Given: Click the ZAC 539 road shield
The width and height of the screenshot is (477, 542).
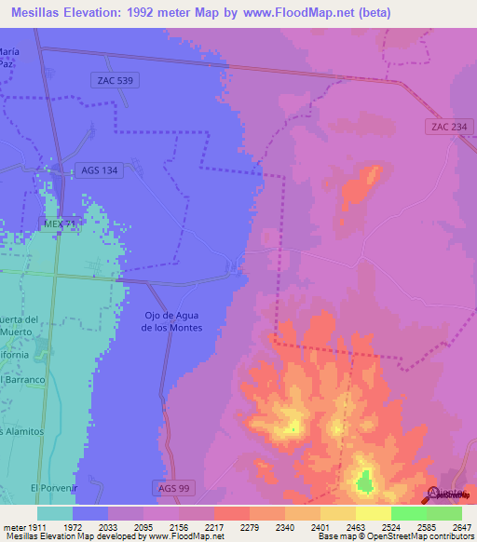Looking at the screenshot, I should (116, 81).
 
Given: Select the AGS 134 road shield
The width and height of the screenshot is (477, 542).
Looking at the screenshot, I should (98, 169).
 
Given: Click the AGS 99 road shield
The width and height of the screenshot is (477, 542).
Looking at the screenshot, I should (170, 488).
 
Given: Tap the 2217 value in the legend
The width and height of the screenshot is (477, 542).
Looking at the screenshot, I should (213, 526).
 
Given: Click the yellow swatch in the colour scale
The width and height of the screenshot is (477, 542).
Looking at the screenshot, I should (373, 513).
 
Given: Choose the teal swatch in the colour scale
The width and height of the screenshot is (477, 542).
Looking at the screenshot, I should (54, 513).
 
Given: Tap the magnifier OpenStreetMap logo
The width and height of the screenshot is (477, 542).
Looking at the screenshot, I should (432, 494).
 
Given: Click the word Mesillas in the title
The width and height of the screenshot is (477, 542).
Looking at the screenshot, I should (42, 12).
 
